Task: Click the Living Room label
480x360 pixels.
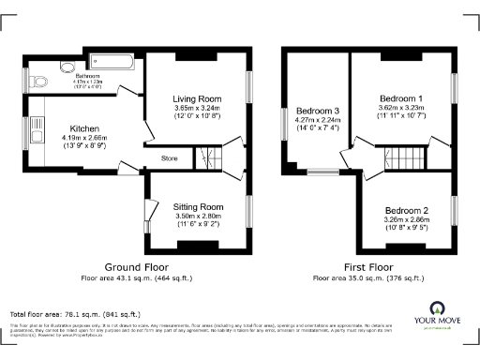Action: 196,98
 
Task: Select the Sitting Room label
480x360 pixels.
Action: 198,206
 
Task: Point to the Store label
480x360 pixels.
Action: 170,158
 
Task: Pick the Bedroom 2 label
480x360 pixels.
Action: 406,210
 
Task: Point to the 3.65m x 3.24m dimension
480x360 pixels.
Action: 196,108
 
